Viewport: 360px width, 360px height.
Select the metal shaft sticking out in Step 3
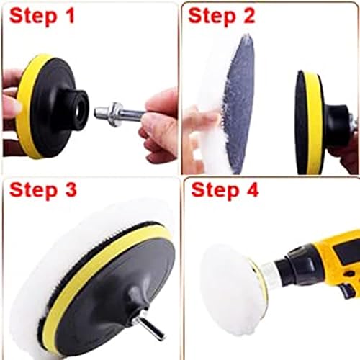151,328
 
